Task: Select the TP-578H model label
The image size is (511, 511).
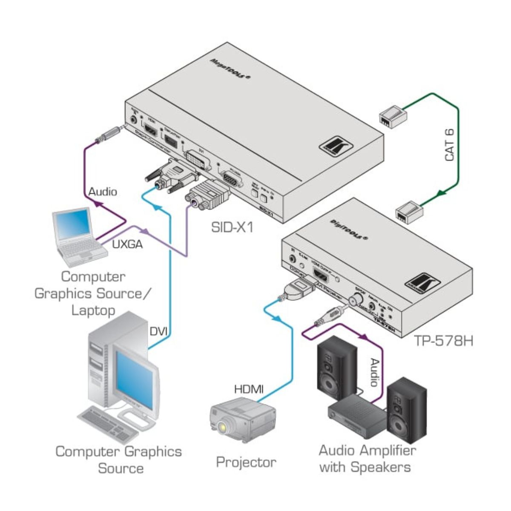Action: (x=443, y=341)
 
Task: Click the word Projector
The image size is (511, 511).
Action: (x=246, y=462)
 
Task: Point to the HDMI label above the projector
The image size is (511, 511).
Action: (x=249, y=388)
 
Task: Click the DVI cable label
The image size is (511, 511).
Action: (x=158, y=331)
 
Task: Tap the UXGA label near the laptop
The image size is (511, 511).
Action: (x=127, y=244)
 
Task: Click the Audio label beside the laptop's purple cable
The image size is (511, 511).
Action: (x=102, y=192)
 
